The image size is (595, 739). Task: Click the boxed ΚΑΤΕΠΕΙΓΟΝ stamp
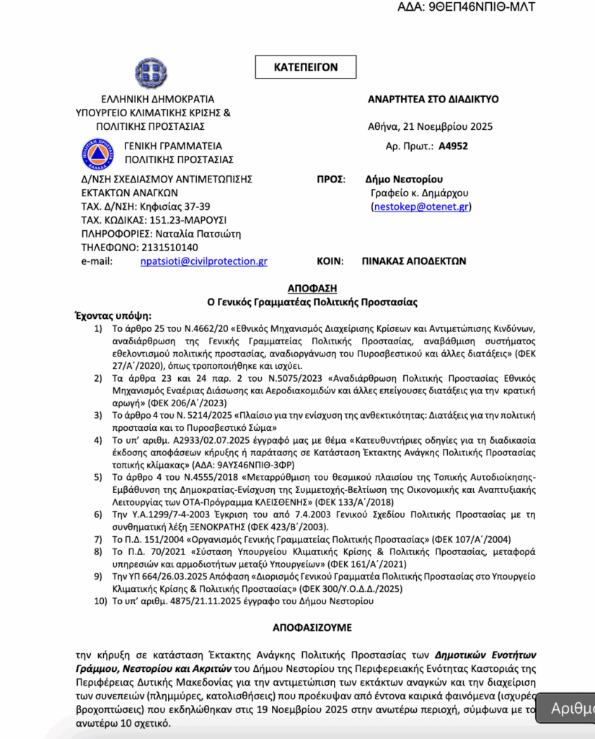305,67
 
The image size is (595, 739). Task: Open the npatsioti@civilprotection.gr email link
203,261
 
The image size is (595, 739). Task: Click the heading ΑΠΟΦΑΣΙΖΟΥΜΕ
312,627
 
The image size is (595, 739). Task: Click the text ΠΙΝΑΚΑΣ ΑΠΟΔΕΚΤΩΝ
414,261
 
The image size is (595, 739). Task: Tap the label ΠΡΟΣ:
332,179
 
